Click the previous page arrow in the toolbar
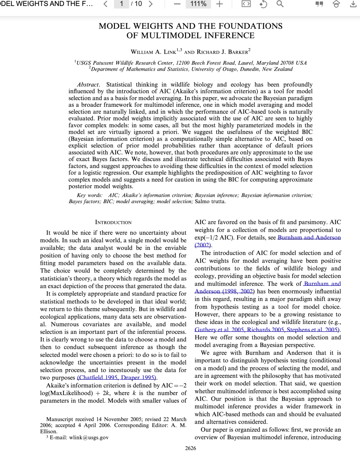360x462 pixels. click(x=106, y=4)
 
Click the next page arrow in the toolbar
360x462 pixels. click(x=151, y=4)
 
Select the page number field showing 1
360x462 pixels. click(x=122, y=4)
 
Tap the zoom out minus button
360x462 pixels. click(x=177, y=4)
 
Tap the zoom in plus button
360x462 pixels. click(x=219, y=4)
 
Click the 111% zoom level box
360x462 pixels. click(x=198, y=4)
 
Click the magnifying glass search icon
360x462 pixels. click(x=280, y=4)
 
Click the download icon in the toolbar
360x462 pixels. click(x=353, y=4)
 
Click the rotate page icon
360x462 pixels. click(x=263, y=4)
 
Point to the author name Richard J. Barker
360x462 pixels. click(x=223, y=52)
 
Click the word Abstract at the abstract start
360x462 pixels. click(x=88, y=85)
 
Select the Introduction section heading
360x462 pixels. click(x=113, y=222)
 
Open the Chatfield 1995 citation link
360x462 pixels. click(x=98, y=378)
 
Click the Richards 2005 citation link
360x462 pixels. click(x=265, y=330)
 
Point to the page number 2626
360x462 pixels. click(x=191, y=448)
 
